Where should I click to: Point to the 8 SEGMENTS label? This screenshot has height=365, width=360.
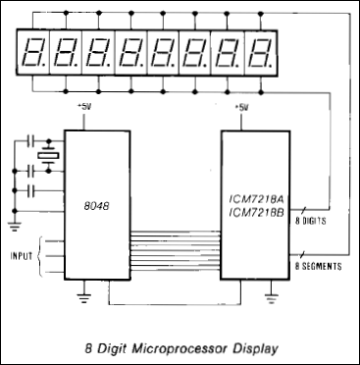pyautogui.click(x=319, y=266)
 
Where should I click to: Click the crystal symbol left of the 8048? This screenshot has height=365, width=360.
pyautogui.click(x=45, y=159)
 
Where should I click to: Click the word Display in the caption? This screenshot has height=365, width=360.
pyautogui.click(x=256, y=345)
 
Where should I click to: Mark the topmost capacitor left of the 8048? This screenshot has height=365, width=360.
pyautogui.click(x=36, y=137)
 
